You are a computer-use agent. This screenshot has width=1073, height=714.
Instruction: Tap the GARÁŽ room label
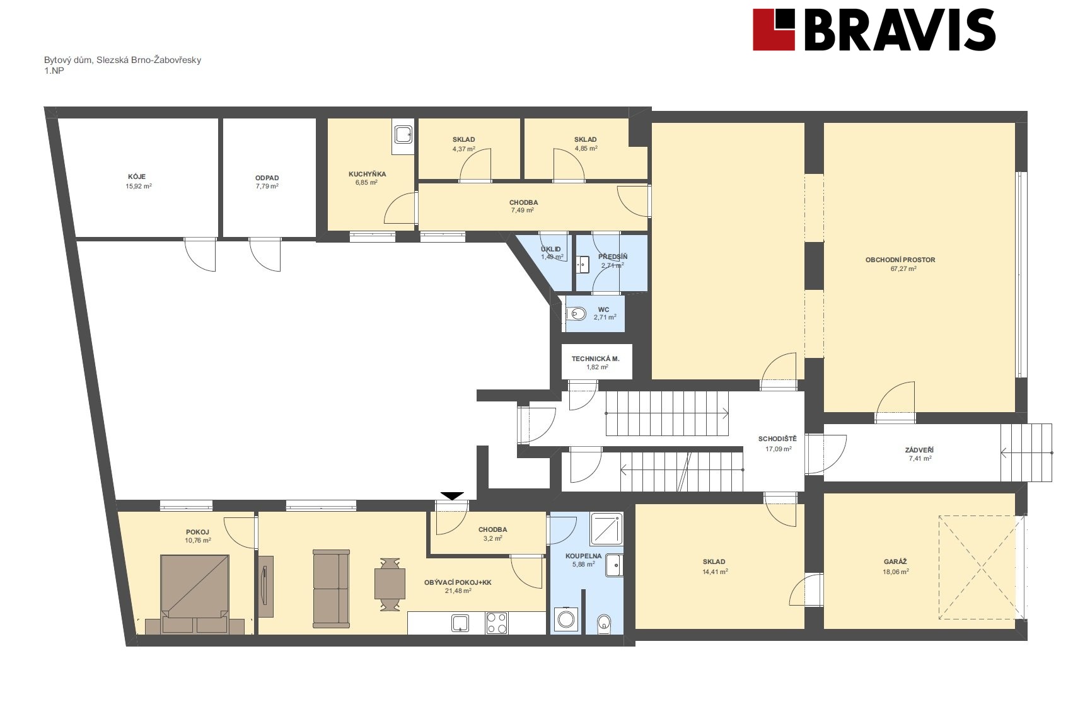895,561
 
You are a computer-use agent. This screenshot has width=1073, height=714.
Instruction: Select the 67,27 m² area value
903,268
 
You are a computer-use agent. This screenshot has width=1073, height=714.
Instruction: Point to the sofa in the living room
331,589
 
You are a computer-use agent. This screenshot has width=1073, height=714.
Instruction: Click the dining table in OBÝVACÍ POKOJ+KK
390,584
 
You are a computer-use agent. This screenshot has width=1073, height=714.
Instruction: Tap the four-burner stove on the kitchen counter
497,623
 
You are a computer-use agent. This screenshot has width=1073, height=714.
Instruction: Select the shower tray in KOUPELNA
606,529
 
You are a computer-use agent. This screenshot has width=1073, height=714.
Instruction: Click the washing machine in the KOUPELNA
566,619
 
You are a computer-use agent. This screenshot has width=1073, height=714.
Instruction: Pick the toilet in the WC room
576,314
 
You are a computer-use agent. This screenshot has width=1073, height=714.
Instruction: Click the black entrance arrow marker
452,496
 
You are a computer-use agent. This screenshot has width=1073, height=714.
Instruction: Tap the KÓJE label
137,176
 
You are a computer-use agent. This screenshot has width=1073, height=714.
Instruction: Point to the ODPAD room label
267,178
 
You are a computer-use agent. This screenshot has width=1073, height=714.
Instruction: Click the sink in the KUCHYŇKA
403,135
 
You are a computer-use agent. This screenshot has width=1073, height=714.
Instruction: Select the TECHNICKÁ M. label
595,359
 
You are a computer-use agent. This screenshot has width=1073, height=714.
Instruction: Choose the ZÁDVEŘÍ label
919,450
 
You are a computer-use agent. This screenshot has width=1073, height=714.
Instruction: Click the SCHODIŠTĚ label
777,439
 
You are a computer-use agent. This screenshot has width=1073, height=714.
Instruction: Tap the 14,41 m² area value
715,572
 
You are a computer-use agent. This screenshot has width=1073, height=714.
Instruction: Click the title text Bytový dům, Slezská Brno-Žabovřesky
123,60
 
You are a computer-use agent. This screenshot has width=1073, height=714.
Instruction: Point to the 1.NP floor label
54,71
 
